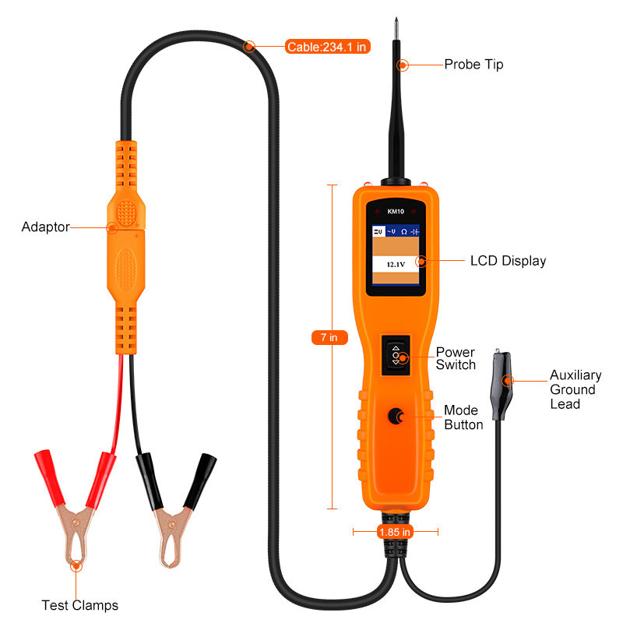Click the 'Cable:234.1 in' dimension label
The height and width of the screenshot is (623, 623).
click(x=327, y=47)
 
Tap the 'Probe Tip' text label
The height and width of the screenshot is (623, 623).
click(x=473, y=65)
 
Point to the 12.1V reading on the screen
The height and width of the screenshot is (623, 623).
click(x=394, y=264)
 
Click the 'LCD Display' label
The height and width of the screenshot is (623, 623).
click(x=508, y=261)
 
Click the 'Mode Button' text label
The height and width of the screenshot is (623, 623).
click(x=463, y=417)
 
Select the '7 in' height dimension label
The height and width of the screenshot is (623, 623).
click(x=329, y=337)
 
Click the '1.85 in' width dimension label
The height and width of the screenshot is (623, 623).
click(x=395, y=532)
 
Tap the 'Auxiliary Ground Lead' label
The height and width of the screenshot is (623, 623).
click(x=572, y=389)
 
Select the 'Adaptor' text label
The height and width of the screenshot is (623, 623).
click(x=45, y=227)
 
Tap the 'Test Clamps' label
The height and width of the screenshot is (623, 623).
click(x=79, y=605)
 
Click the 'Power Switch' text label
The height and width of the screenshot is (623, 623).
click(x=456, y=358)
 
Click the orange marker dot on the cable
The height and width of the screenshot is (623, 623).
click(x=249, y=46)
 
